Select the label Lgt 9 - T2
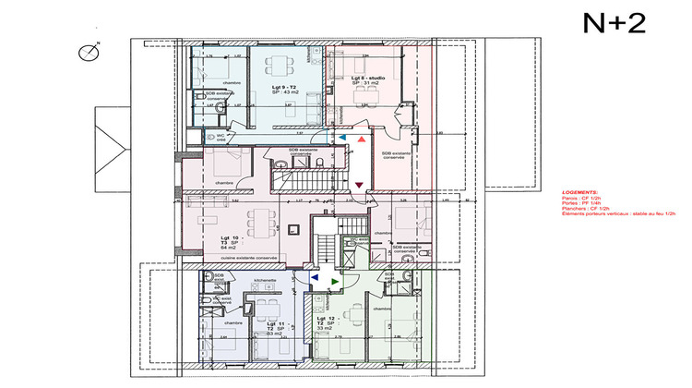pos(282,84)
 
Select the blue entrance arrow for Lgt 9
pos(344,137)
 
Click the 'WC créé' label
pos(221,138)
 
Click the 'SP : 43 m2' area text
pos(282,92)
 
